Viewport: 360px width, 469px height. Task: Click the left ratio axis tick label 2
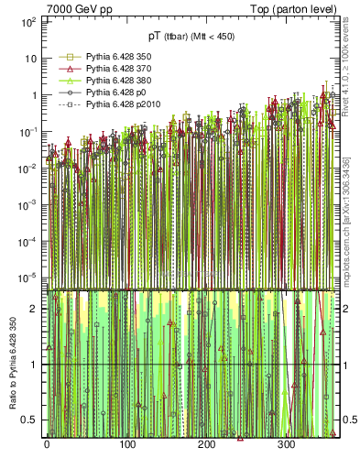coord(33,309)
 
